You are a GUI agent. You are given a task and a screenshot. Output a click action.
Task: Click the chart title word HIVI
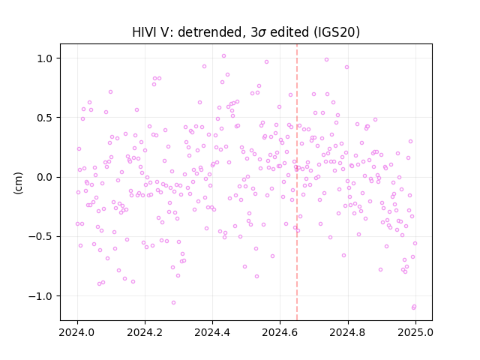pyautogui.click(x=144, y=32)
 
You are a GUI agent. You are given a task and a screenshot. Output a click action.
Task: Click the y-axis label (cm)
pyautogui.click(x=18, y=183)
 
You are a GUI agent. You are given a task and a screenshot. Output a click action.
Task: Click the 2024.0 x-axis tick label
pyautogui.click(x=77, y=332)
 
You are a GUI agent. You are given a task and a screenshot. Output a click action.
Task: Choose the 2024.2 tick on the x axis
pyautogui.click(x=145, y=332)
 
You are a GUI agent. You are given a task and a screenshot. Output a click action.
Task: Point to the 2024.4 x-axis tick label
pyautogui.click(x=212, y=332)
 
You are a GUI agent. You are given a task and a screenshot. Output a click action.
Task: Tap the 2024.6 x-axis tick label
pyautogui.click(x=280, y=332)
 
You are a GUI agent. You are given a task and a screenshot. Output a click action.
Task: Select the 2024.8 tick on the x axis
pyautogui.click(x=347, y=332)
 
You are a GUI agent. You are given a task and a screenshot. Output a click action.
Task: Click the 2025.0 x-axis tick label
pyautogui.click(x=415, y=332)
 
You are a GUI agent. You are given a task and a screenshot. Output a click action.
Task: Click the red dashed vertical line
pyautogui.click(x=297, y=182)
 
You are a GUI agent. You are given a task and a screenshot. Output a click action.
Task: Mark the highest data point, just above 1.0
pyautogui.click(x=223, y=56)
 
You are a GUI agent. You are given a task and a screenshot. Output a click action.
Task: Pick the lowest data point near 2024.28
pyautogui.click(x=173, y=303)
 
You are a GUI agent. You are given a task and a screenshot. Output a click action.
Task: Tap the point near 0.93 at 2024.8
pyautogui.click(x=346, y=67)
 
